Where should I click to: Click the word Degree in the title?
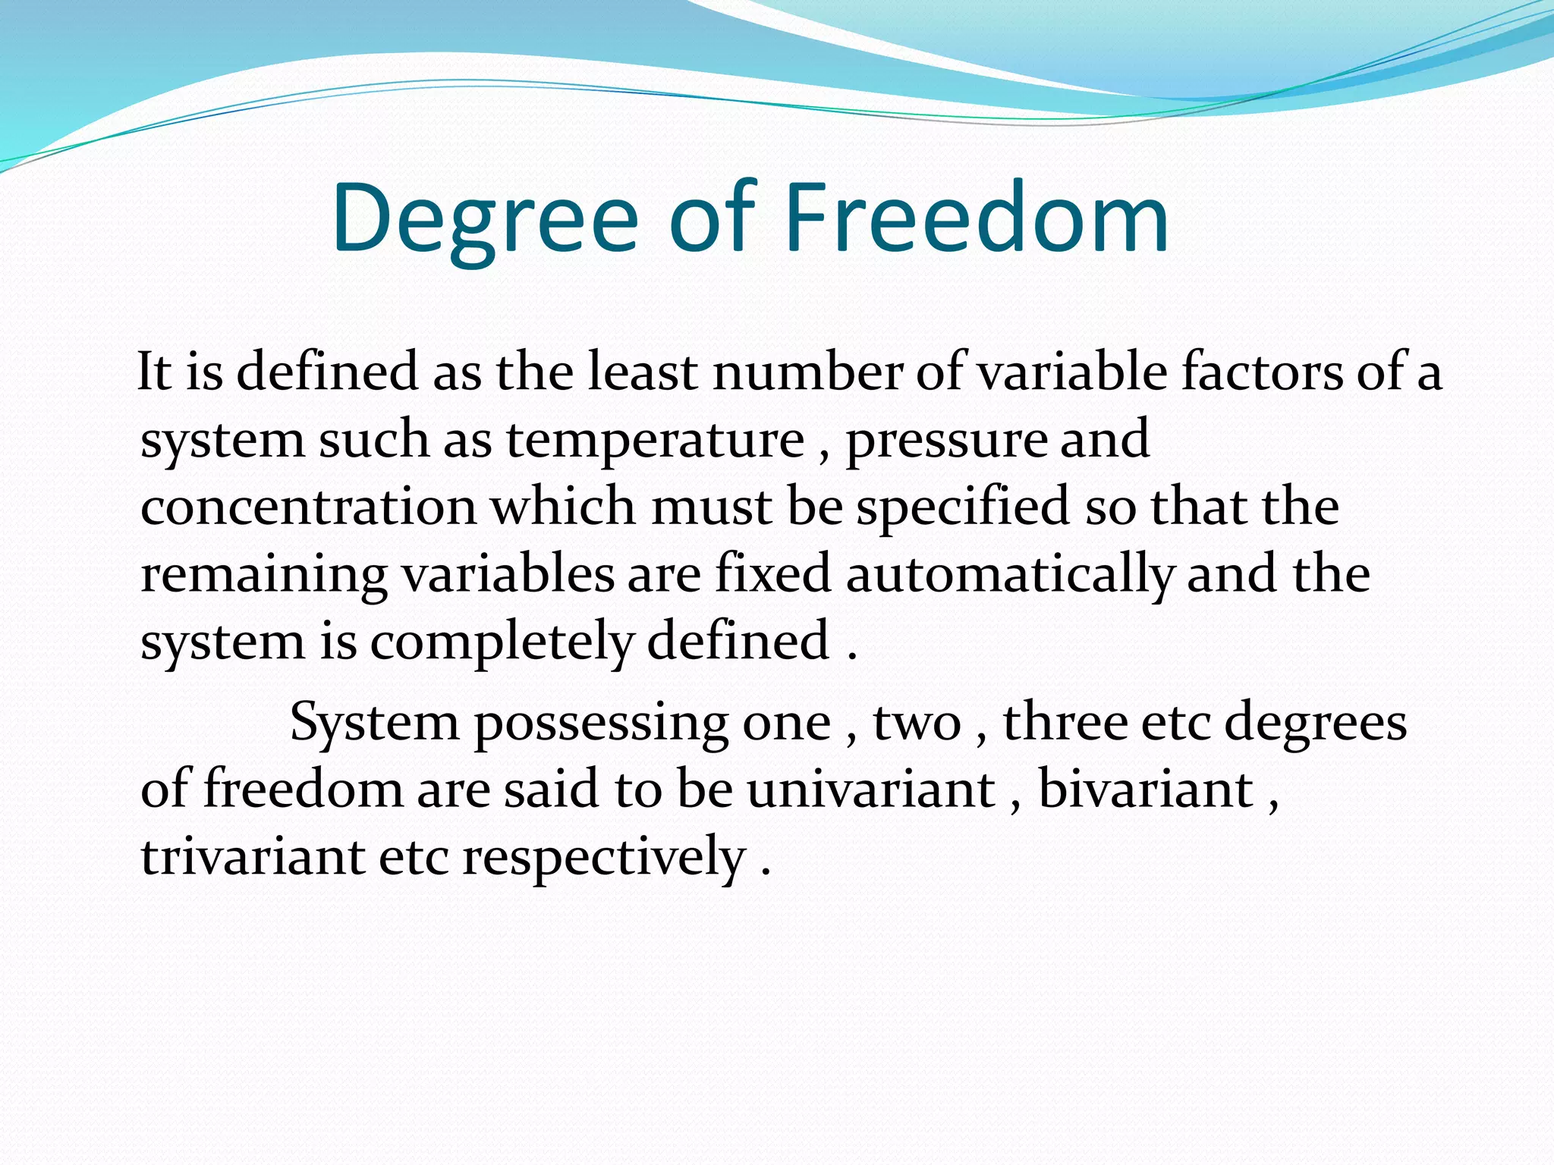(486, 220)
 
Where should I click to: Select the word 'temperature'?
(656, 440)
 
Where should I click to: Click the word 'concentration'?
(308, 507)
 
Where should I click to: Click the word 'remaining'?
(264, 575)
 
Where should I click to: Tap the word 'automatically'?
(1009, 575)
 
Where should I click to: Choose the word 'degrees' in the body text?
(1316, 723)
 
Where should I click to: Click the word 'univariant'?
(870, 789)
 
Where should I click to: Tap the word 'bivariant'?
(1145, 789)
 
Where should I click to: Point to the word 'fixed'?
(773, 574)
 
